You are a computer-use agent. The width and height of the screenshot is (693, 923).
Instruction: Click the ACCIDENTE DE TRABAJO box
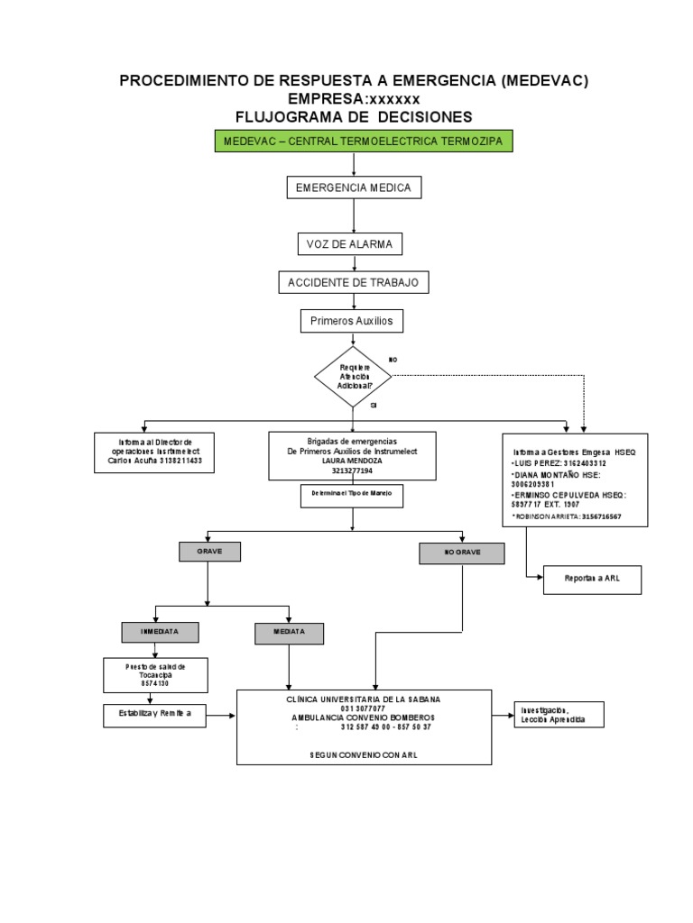pos(353,283)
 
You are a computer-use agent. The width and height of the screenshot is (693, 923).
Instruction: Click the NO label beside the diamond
pos(393,360)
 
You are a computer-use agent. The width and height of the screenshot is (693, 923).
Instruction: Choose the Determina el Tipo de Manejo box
pos(352,495)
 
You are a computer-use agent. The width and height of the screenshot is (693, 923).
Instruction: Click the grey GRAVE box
pos(208,551)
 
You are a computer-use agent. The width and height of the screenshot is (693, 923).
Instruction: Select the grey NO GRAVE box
pos(461,553)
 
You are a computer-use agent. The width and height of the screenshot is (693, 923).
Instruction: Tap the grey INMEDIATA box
pos(159,633)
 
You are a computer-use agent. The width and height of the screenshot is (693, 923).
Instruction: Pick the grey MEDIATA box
pos(288,634)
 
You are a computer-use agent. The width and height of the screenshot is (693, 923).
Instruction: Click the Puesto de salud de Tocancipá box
pos(154,674)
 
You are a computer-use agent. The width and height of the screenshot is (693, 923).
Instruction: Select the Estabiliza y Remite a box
pos(154,715)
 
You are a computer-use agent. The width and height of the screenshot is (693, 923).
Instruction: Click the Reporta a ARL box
pos(592,580)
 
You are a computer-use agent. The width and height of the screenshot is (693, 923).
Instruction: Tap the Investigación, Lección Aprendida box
pos(558,714)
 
